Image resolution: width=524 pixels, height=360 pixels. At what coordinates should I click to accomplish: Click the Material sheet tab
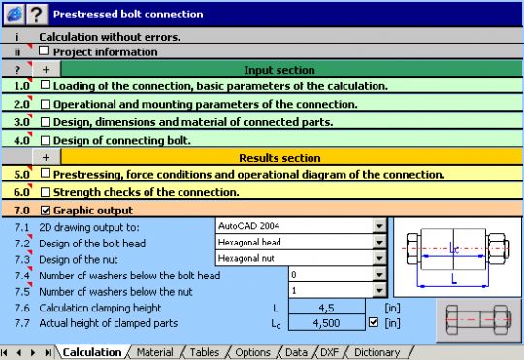155,352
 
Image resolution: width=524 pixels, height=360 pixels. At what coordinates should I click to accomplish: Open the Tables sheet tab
205,352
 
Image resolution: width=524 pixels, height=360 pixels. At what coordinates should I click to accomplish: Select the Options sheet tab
252,352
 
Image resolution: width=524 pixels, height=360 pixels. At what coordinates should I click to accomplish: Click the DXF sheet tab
332,352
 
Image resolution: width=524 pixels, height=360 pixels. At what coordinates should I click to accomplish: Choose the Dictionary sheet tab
377,352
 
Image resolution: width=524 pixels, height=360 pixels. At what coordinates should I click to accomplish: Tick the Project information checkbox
45,51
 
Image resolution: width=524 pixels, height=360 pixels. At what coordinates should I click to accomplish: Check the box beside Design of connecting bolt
45,139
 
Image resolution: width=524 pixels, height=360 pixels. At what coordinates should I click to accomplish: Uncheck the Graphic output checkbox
45,210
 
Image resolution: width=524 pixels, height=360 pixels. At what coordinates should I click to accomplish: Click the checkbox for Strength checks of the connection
45,191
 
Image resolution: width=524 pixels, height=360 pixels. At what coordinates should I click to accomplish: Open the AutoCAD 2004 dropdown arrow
379,226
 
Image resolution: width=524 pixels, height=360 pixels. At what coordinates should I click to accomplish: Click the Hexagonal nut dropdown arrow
379,259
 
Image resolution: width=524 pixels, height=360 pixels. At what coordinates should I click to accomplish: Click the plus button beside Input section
45,70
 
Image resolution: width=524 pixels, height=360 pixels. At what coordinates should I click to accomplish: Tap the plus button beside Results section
45,157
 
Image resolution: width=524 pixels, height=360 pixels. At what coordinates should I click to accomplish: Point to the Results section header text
278,157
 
